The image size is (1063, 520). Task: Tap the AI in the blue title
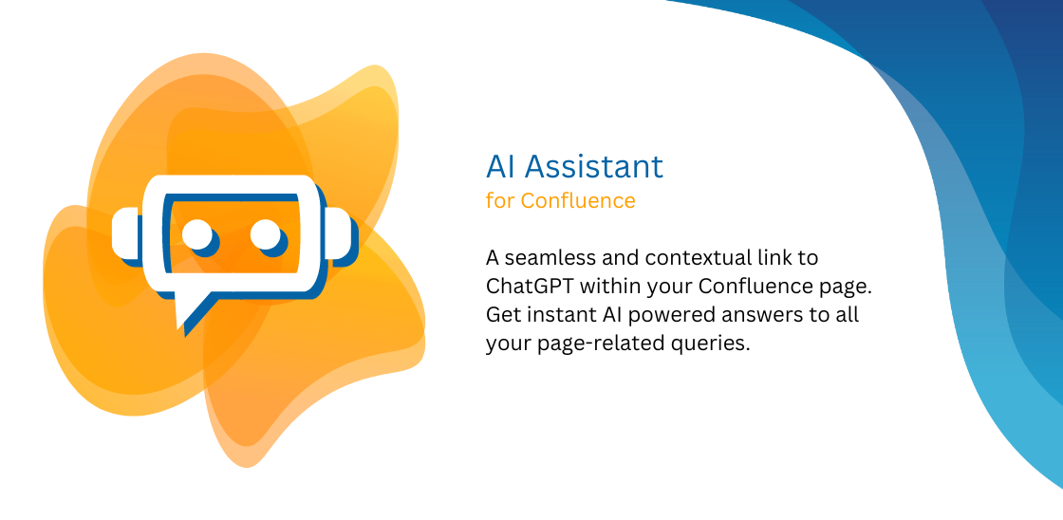pyautogui.click(x=501, y=166)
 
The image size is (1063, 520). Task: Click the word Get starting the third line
pyautogui.click(x=502, y=314)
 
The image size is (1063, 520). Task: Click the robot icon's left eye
pyautogui.click(x=196, y=232)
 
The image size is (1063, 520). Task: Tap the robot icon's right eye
pyautogui.click(x=265, y=232)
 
